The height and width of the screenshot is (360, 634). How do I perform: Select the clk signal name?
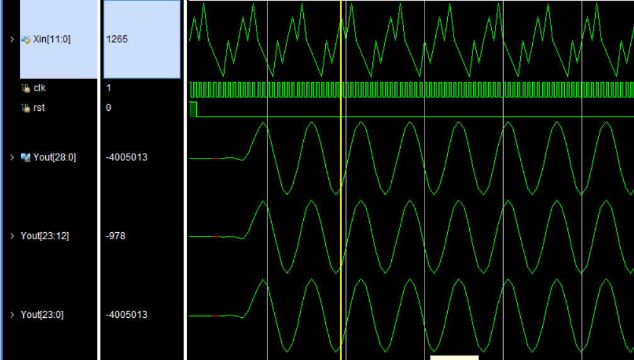click(40, 88)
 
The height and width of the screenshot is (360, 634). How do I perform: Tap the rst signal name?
click(39, 108)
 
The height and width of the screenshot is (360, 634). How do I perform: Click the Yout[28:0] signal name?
click(55, 157)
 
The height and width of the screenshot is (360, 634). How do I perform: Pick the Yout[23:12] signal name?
click(45, 236)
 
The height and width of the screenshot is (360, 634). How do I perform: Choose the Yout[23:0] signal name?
click(42, 315)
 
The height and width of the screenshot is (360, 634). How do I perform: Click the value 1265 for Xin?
click(117, 39)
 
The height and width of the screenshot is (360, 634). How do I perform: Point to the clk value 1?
click(109, 88)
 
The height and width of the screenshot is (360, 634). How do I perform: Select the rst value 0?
click(109, 108)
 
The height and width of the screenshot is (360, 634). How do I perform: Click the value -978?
click(116, 236)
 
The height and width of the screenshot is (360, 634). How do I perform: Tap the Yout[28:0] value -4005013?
click(126, 157)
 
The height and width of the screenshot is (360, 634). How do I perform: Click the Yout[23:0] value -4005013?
click(126, 315)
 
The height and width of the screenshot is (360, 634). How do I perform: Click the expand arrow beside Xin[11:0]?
click(12, 39)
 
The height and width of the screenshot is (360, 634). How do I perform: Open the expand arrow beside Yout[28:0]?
click(12, 157)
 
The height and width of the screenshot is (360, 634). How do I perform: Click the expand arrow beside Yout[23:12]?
click(12, 236)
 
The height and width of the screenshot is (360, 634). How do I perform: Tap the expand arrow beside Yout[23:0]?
click(12, 315)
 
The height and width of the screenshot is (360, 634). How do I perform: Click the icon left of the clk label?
click(26, 88)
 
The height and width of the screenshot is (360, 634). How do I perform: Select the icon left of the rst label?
click(26, 108)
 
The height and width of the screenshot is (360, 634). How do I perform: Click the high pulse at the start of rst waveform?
click(193, 109)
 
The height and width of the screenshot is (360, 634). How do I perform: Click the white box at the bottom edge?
click(454, 357)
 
